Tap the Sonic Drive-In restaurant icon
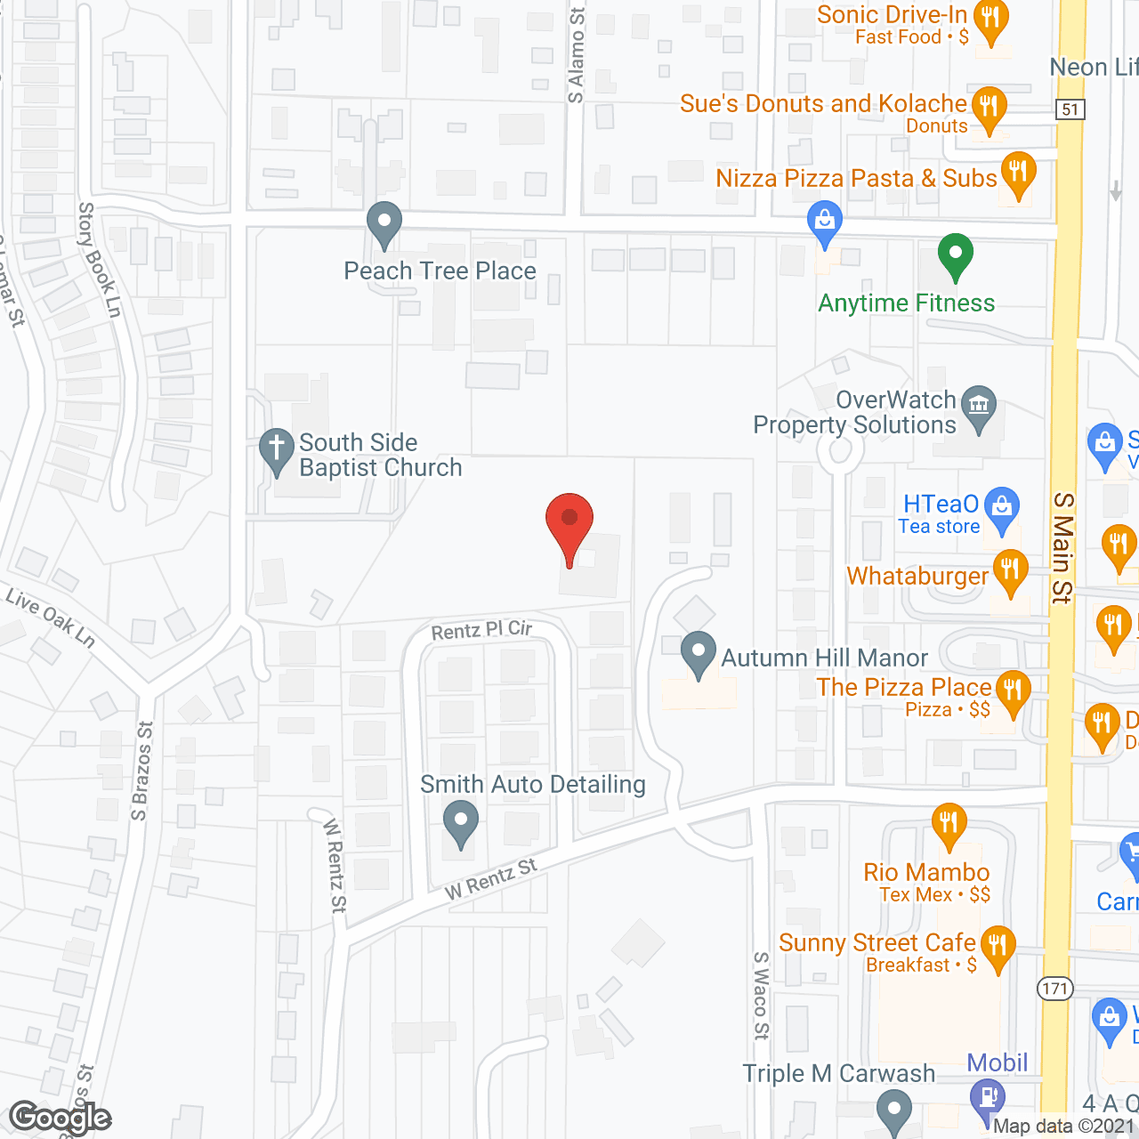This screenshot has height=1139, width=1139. pos(990,19)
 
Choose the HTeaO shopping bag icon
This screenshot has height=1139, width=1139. pos(1003,508)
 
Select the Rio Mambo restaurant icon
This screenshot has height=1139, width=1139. pos(949,822)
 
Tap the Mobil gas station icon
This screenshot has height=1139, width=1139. pos(987,1095)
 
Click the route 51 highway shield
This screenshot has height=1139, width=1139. pos(1070,109)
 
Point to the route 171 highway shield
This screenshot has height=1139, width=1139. pos(1054,988)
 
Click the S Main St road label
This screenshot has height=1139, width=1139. pos(1062,547)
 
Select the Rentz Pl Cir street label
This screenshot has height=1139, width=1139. pos(481,630)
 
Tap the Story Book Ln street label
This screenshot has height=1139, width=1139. pos(99,259)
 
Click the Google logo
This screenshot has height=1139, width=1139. pos(61,1118)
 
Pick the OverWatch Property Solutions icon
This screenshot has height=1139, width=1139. pos(979,406)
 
